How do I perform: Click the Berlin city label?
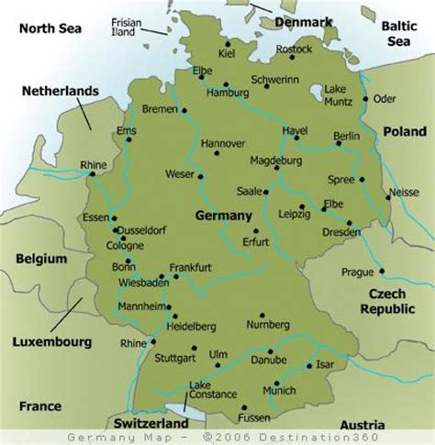click(347, 136)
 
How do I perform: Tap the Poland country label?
click(405, 131)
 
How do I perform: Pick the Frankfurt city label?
click(190, 267)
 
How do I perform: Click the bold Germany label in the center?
click(223, 215)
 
